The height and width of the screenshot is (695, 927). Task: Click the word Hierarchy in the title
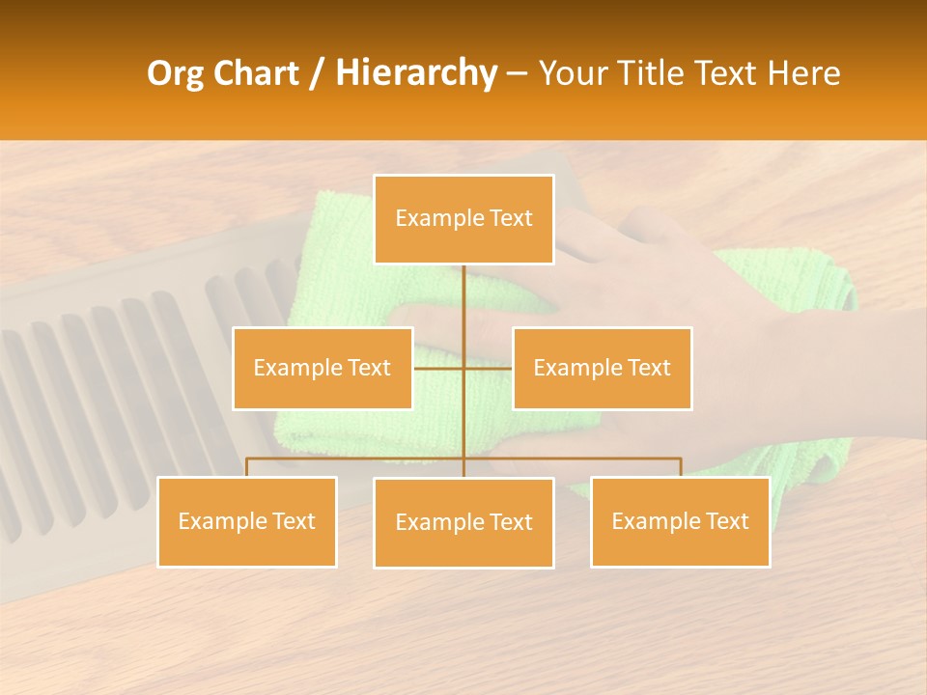[415, 73]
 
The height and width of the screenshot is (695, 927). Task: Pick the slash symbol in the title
[317, 73]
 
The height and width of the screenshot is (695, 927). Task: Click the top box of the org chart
[463, 219]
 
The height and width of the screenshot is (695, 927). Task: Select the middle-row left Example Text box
[323, 368]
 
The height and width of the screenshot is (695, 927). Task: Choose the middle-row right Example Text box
[602, 368]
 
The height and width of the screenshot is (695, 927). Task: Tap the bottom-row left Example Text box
[247, 521]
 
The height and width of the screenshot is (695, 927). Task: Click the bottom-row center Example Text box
[463, 522]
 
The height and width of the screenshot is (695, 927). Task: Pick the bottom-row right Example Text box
[680, 521]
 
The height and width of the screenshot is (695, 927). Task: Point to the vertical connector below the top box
[463, 299]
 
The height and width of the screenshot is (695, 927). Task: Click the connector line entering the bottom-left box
[247, 467]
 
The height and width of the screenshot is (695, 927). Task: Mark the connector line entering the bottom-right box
[681, 467]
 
